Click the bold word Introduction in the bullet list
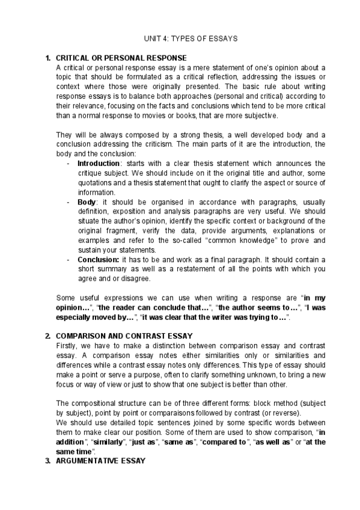tap(99, 164)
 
